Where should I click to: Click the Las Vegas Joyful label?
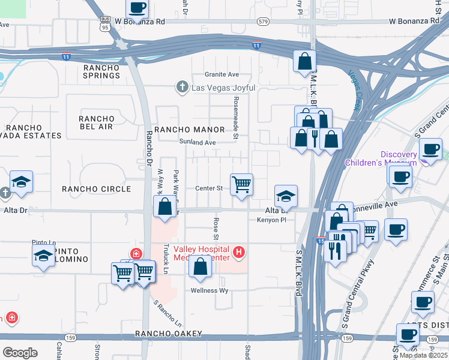[223, 88]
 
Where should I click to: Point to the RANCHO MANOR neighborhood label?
[189, 130]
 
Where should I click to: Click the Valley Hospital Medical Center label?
[202, 254]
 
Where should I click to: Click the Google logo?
[20, 352]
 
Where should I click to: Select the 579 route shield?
[262, 22]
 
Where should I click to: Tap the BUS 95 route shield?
[105, 23]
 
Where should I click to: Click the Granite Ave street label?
[221, 74]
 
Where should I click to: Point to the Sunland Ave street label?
[197, 143]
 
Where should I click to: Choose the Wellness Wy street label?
[209, 290]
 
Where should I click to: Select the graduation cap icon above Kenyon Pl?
[286, 195]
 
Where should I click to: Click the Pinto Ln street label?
[43, 243]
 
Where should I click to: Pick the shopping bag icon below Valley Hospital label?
[200, 266]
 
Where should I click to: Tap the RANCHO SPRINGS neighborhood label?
[101, 71]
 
